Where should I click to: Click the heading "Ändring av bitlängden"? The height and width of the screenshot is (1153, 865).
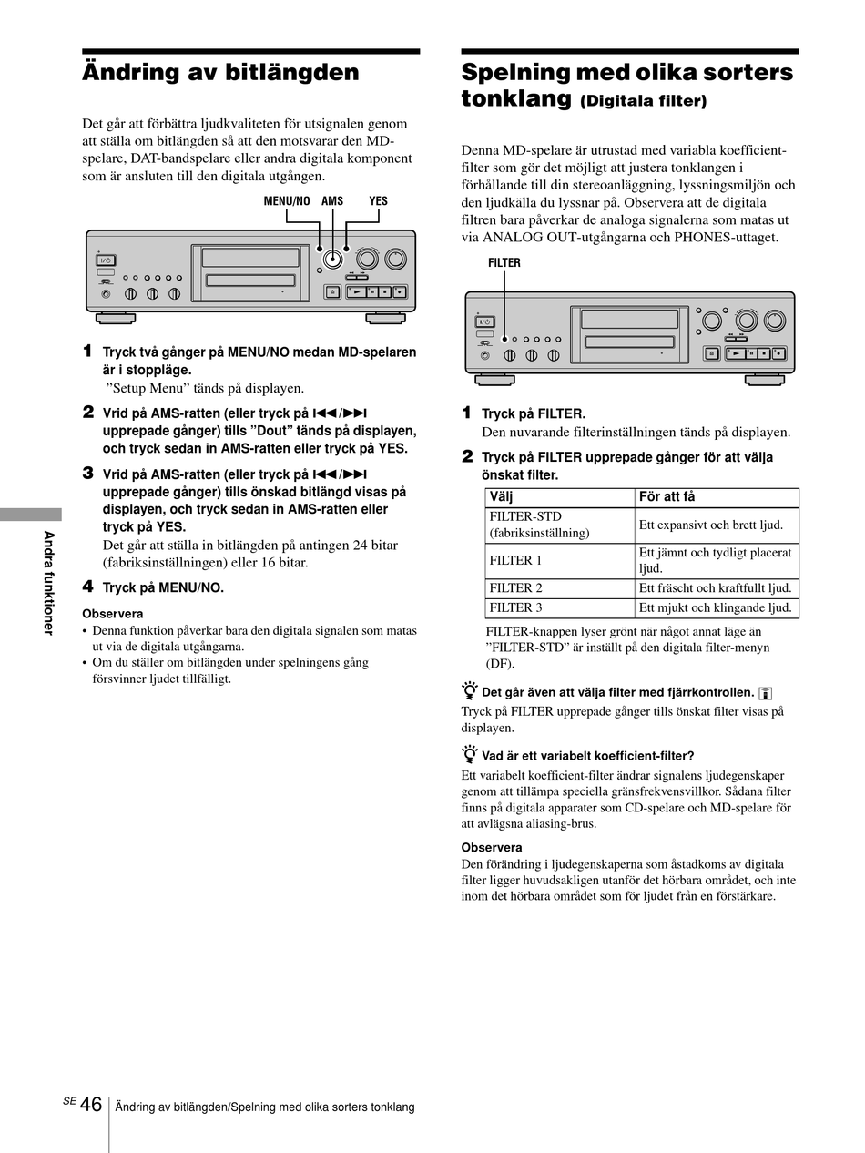(220, 72)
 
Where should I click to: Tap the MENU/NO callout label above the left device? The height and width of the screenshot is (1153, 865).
(287, 201)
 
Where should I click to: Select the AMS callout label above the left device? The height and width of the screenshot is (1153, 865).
(332, 201)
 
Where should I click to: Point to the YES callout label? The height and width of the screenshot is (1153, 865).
(378, 201)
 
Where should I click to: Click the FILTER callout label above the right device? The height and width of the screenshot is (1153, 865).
(504, 262)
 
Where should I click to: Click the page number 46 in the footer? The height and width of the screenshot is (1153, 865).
(91, 1105)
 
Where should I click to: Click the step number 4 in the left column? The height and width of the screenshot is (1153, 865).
(88, 587)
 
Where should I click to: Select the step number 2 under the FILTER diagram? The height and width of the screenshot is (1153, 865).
(467, 456)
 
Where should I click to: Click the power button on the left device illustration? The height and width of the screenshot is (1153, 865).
(106, 260)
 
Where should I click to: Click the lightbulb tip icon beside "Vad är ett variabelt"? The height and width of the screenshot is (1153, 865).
(469, 754)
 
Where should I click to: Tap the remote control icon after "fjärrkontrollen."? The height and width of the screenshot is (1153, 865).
(765, 693)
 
